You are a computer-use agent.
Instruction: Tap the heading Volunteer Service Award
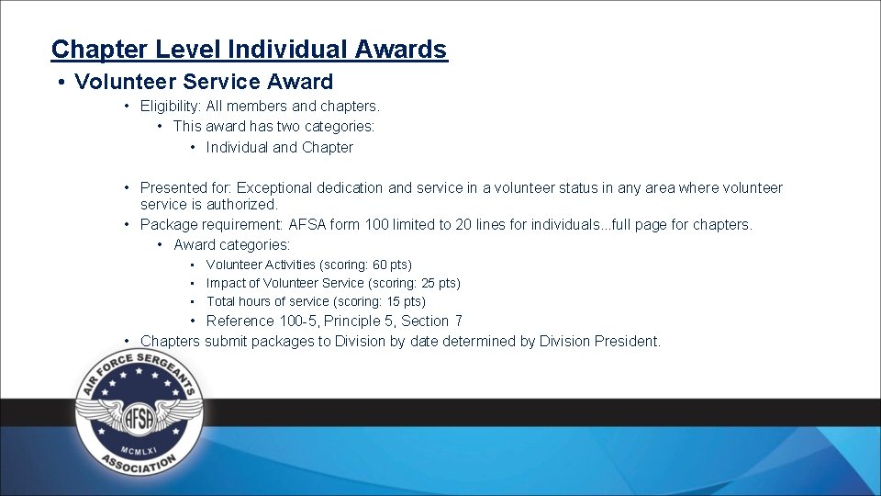point(204,82)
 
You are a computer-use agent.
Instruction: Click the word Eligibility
point(171,107)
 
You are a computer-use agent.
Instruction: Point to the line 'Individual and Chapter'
point(279,147)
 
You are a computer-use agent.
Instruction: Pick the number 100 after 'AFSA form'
point(376,224)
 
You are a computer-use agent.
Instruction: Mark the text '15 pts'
point(405,301)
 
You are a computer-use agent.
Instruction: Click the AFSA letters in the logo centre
point(139,414)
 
